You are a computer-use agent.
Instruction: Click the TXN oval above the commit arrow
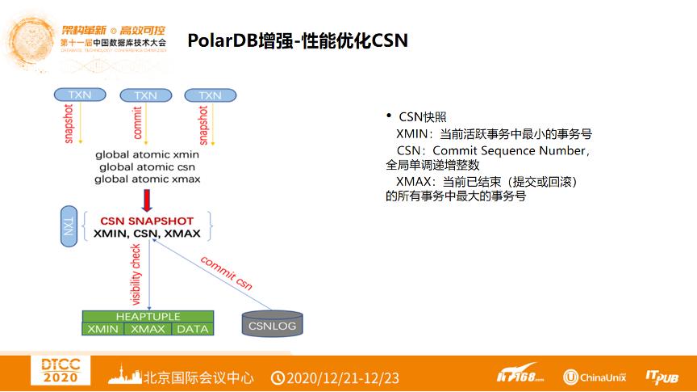pyautogui.click(x=145, y=95)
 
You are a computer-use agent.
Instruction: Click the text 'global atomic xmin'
pyautogui.click(x=147, y=154)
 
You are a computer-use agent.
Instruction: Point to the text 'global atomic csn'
pyautogui.click(x=148, y=166)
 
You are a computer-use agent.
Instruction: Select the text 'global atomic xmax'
pyautogui.click(x=148, y=179)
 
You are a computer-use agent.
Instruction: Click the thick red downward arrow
pyautogui.click(x=147, y=199)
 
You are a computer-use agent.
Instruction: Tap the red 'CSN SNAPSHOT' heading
pyautogui.click(x=148, y=221)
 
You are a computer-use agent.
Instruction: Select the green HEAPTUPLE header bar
pyautogui.click(x=148, y=316)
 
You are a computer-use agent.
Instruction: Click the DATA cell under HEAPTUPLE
pyautogui.click(x=192, y=329)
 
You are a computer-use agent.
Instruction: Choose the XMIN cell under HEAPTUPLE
pyautogui.click(x=103, y=329)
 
